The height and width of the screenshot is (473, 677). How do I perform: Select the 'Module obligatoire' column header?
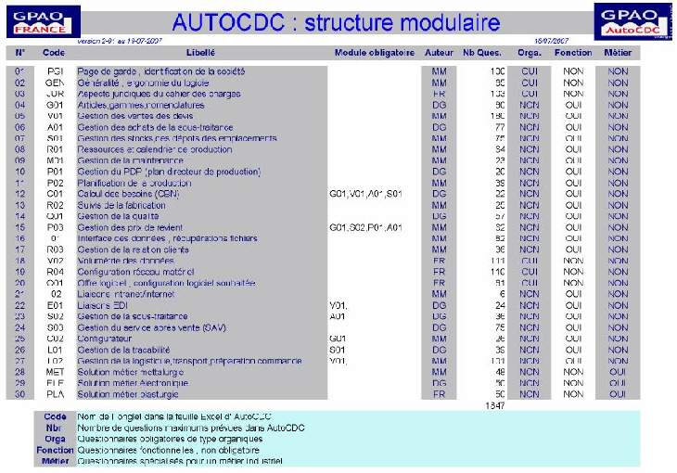coord(374,53)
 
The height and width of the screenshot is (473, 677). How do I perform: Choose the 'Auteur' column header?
coord(439,53)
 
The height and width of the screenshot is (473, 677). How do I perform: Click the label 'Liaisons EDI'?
coord(102,305)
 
